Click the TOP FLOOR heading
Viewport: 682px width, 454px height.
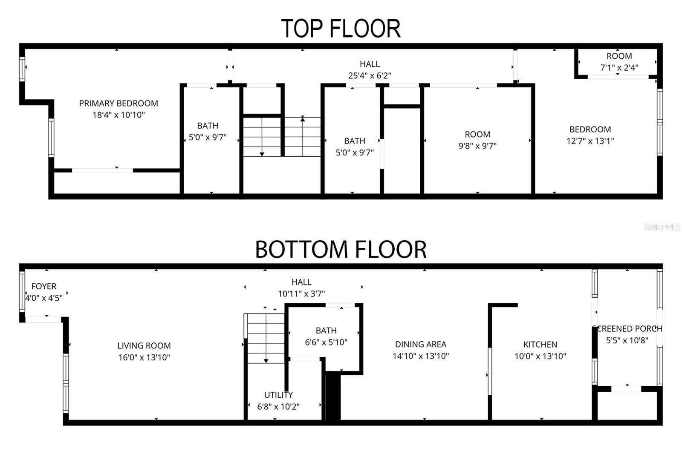tap(341, 29)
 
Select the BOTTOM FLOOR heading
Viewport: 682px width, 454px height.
tap(341, 250)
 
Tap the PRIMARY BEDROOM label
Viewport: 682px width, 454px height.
tap(118, 103)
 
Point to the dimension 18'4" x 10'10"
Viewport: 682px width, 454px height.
tap(118, 115)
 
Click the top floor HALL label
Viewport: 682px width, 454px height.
tap(370, 64)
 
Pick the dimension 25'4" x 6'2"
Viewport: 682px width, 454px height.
tap(370, 75)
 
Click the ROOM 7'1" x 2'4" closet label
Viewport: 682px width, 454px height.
tap(619, 56)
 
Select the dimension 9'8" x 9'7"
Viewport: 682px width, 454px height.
tap(477, 146)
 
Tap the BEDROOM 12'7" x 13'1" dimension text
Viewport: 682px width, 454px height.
tap(590, 141)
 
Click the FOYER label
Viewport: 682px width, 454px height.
tap(44, 286)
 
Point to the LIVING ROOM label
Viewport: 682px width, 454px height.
tap(144, 345)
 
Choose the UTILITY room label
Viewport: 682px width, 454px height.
tap(278, 395)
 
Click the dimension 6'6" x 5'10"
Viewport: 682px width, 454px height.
tap(326, 342)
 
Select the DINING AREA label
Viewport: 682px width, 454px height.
tap(421, 344)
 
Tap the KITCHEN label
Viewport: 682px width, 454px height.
tap(540, 344)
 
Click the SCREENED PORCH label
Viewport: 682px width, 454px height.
tap(627, 328)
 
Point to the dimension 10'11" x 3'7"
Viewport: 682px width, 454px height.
tap(301, 293)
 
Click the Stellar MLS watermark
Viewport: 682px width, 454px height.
tap(662, 227)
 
